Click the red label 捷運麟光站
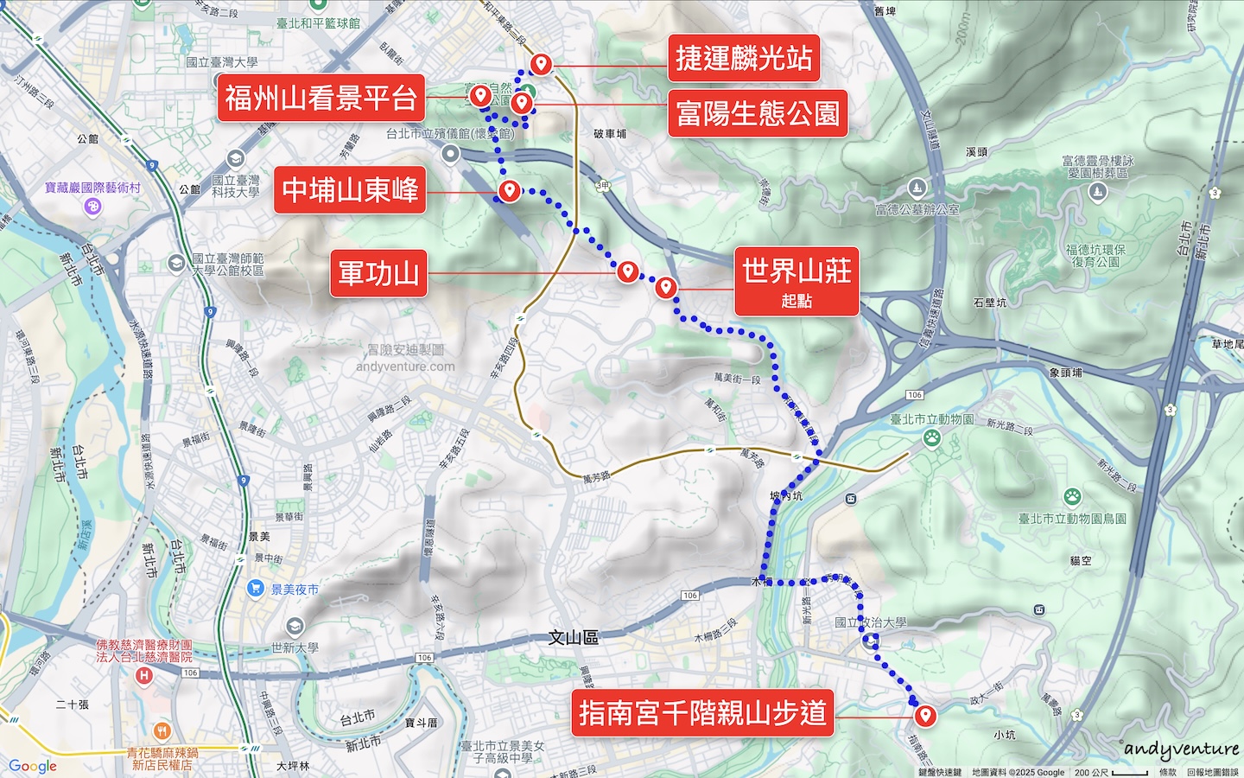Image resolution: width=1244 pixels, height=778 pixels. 743,59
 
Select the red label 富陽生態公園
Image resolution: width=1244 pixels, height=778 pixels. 757,113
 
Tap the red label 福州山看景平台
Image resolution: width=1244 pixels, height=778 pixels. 321,98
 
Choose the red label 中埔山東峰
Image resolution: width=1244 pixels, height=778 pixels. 350,189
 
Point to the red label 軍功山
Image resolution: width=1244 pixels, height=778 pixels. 378,273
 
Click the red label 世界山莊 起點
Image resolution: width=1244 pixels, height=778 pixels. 796,281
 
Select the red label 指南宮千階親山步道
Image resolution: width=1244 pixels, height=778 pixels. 701,713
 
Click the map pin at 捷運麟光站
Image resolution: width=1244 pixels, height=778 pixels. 542,63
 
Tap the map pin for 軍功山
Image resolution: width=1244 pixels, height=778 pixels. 627,271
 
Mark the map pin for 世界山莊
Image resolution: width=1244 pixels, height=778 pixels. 665,287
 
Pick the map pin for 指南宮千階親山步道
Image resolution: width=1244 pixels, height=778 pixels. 925,715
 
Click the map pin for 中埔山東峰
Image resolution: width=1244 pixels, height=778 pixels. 510,190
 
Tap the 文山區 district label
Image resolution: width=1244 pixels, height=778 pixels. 573,638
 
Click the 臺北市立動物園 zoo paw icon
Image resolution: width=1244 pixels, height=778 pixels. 931,437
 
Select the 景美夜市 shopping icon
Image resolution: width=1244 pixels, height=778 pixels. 255,589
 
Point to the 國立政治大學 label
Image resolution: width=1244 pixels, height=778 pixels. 871,622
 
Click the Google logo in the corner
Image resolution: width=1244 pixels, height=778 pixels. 33,766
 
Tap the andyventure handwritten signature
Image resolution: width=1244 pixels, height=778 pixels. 1181,749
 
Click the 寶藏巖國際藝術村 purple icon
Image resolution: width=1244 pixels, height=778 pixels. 93,207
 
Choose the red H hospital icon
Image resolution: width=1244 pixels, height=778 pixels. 144,675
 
